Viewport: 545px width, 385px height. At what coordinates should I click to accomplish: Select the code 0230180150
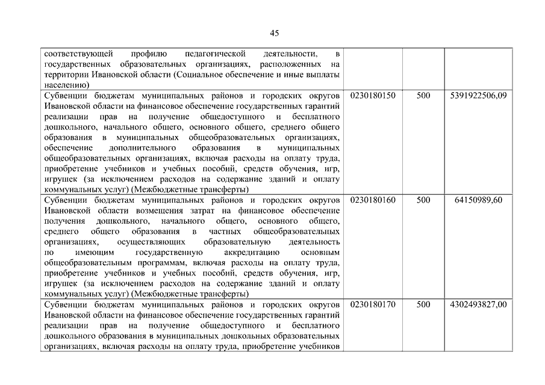click(x=372, y=96)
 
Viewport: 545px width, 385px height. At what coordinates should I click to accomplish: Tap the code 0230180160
click(x=372, y=200)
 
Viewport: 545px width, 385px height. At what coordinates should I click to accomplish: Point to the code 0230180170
click(x=372, y=304)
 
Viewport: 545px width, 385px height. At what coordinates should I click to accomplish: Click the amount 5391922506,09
click(x=478, y=96)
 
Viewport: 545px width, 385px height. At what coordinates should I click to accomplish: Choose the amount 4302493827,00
click(x=478, y=304)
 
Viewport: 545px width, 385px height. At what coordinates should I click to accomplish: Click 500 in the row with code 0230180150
click(x=423, y=96)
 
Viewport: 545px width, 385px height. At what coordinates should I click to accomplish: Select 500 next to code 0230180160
click(x=423, y=200)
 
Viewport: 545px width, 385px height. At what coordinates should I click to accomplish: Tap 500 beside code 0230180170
click(x=423, y=304)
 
